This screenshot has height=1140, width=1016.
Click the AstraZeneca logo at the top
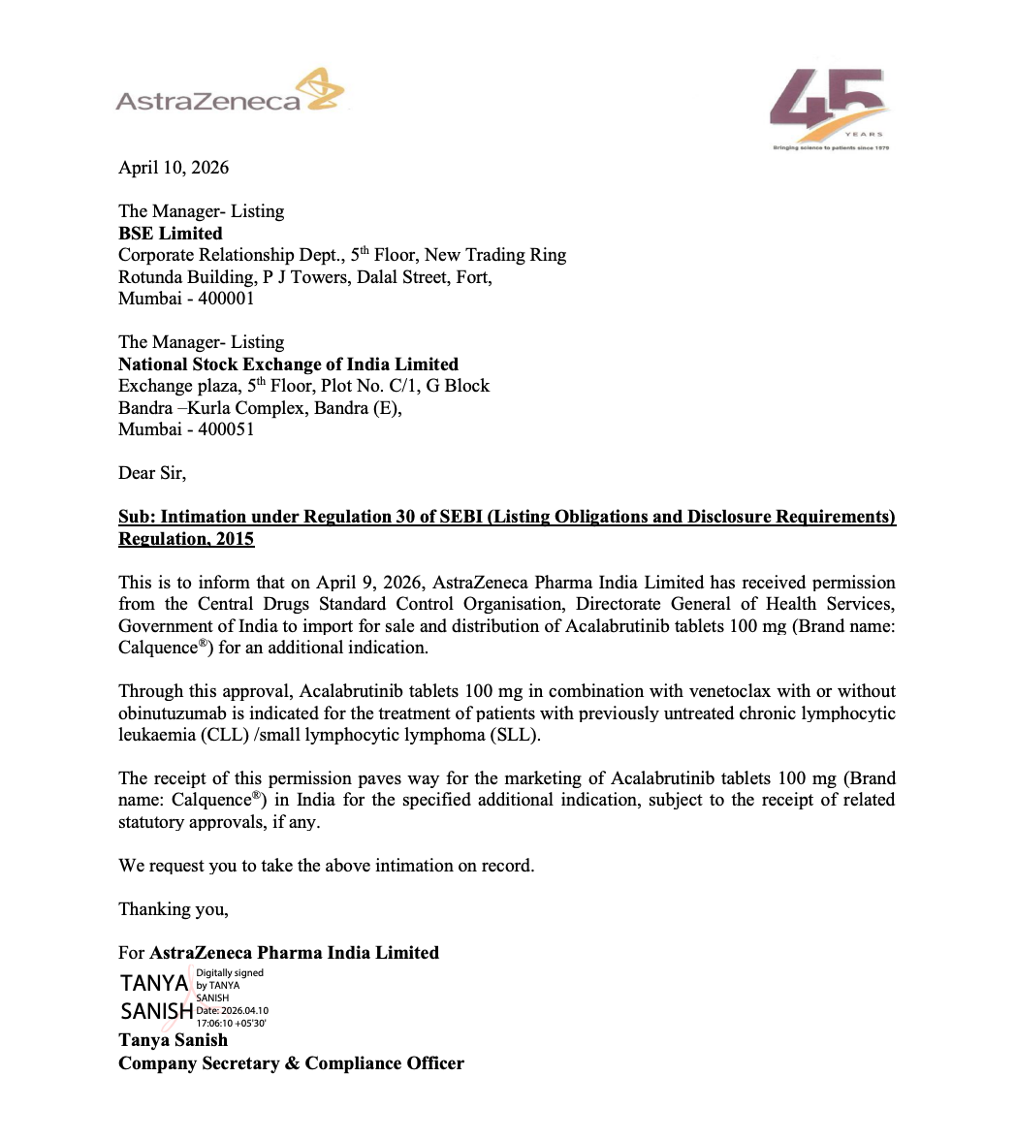point(229,93)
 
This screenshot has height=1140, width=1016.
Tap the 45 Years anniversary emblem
point(829,109)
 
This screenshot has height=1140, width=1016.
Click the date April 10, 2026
point(174,168)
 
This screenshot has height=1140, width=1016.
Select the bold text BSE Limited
point(170,234)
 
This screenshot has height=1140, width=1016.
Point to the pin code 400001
point(226,299)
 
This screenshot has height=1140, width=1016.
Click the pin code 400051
point(226,429)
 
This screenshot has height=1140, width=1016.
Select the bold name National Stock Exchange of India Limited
point(288,364)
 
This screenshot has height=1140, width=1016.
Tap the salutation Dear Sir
point(151,473)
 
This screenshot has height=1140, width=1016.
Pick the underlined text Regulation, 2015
point(186,539)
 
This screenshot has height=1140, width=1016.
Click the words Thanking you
point(173,909)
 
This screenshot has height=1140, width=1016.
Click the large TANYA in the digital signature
point(154,984)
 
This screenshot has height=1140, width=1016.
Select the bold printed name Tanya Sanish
point(173,1040)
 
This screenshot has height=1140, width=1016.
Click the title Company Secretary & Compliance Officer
point(291,1063)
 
